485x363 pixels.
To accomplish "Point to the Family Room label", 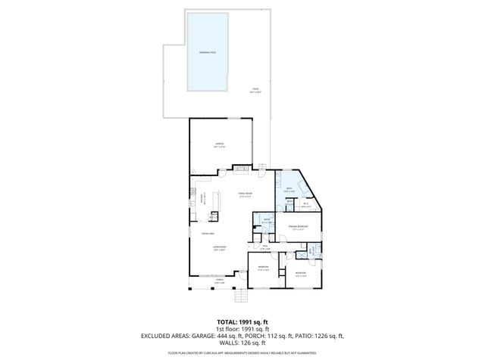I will (244, 194).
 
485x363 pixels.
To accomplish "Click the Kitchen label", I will (202, 199).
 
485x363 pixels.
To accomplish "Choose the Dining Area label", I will (205, 234).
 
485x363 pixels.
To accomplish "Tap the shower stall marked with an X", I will (310, 251).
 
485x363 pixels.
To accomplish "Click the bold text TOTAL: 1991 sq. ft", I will (242, 320).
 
